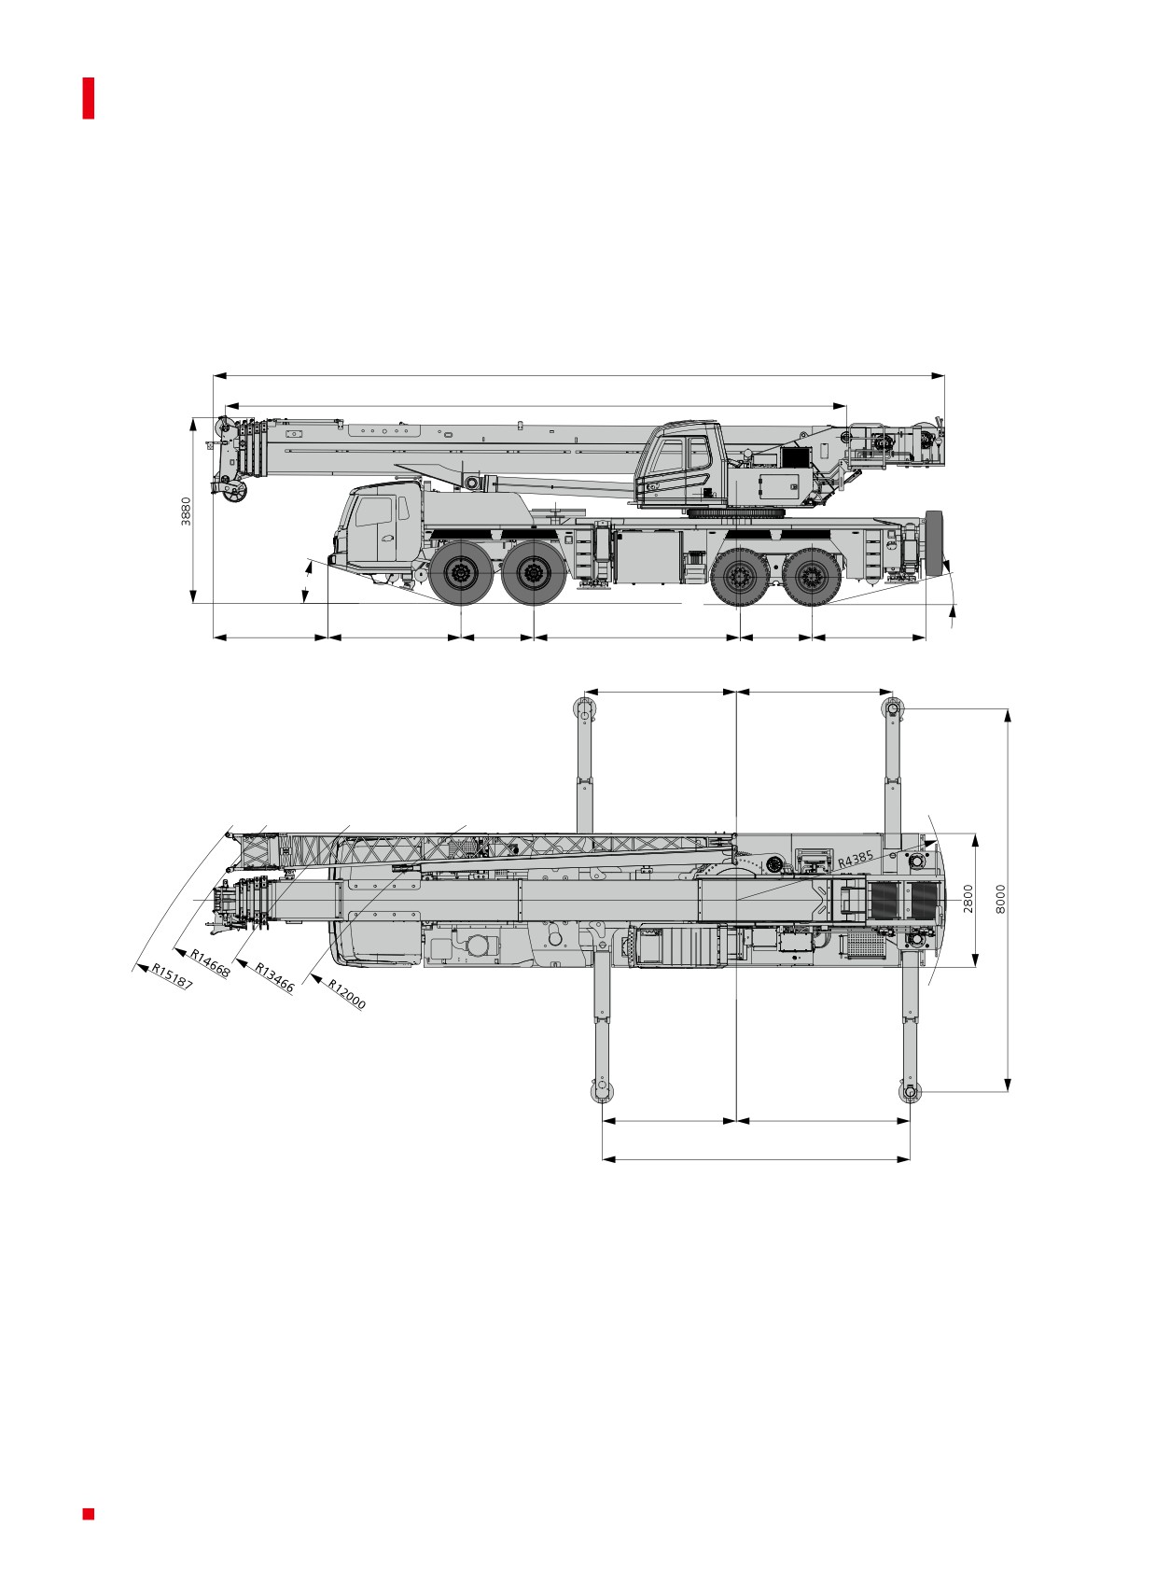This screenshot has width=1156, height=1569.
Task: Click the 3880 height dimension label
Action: [x=186, y=511]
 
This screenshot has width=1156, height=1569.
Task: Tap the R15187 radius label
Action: [x=173, y=976]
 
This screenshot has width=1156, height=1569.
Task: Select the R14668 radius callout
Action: [x=210, y=963]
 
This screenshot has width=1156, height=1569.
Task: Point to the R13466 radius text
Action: [x=273, y=977]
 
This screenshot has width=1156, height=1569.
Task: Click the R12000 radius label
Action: [x=347, y=993]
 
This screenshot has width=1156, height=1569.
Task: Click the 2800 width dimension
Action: [x=968, y=899]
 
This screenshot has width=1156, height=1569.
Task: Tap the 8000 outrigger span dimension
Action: [x=1000, y=899]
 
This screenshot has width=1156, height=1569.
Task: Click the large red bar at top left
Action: [x=89, y=98]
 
